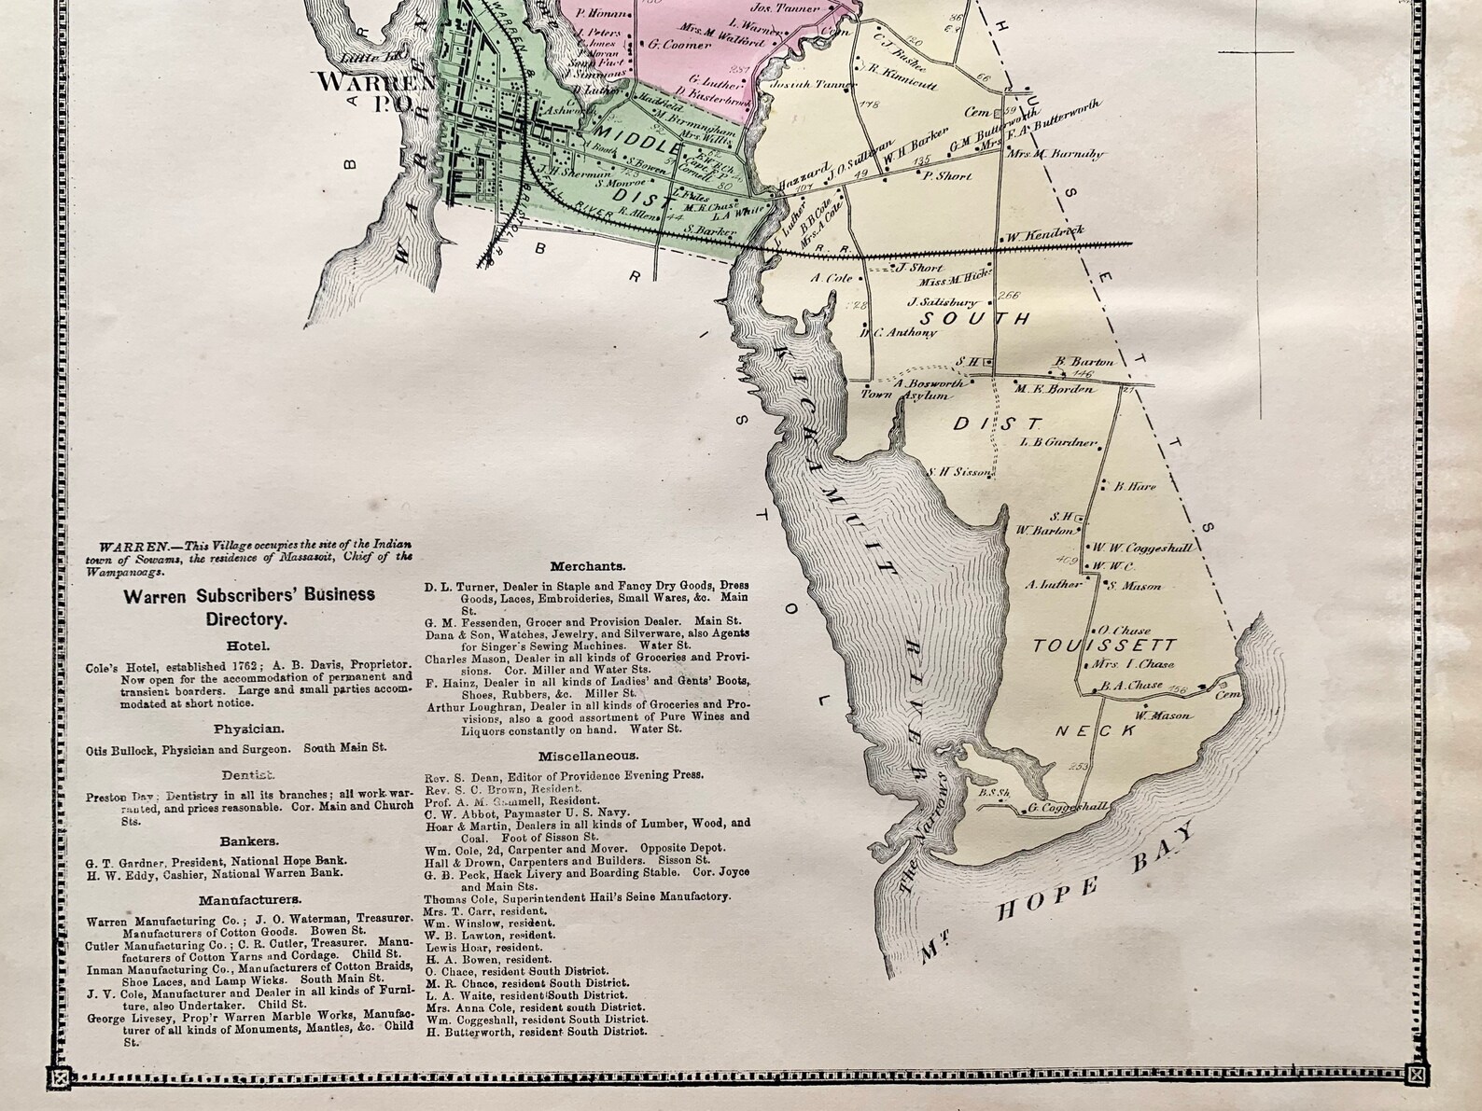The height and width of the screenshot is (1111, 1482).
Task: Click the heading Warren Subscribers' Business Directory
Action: tap(249, 604)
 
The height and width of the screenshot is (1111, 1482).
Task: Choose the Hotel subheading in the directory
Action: tap(248, 645)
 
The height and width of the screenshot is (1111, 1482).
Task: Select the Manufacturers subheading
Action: tap(249, 900)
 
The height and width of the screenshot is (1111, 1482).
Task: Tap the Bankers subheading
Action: tap(248, 840)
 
